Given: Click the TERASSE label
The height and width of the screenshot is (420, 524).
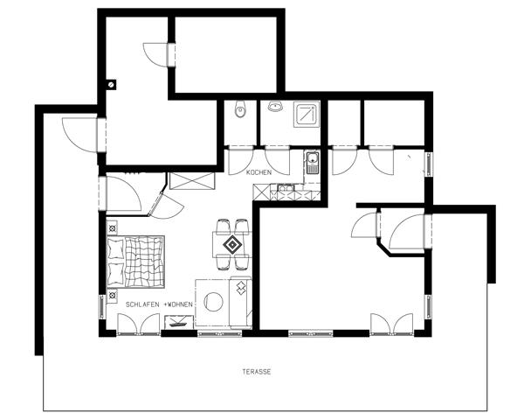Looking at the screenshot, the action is [x=257, y=372].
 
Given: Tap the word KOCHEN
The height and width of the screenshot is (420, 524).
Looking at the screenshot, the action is [x=259, y=173].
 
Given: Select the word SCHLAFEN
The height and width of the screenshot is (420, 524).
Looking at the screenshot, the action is [x=143, y=304].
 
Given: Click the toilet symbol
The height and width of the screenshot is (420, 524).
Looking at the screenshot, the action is [x=240, y=108].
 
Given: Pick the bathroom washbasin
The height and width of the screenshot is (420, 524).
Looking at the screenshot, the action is [x=275, y=107].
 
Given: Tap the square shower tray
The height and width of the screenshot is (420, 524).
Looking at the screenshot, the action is [x=307, y=115].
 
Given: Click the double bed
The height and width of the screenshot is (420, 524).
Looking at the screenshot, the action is [x=135, y=262].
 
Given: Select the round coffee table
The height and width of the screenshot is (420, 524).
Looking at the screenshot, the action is [x=213, y=301].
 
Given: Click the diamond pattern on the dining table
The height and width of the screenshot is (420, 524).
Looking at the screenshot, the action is [x=232, y=245].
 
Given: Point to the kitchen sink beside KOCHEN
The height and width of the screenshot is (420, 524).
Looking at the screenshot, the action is [x=313, y=163].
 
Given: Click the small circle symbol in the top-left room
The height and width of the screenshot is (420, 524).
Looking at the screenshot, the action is [x=111, y=84].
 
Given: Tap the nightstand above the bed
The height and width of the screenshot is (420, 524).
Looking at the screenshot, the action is [x=112, y=228].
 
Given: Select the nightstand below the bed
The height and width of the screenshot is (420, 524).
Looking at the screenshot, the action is [x=112, y=296].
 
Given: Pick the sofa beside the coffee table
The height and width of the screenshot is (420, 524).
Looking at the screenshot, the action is [x=240, y=303].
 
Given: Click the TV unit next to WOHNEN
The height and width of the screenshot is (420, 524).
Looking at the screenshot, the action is [x=179, y=322].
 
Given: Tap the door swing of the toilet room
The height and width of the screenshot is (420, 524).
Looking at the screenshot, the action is [x=241, y=161].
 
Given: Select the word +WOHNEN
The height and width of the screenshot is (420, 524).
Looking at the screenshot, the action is [x=178, y=304].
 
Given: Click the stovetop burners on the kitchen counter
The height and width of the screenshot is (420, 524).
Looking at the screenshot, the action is [x=286, y=188].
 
